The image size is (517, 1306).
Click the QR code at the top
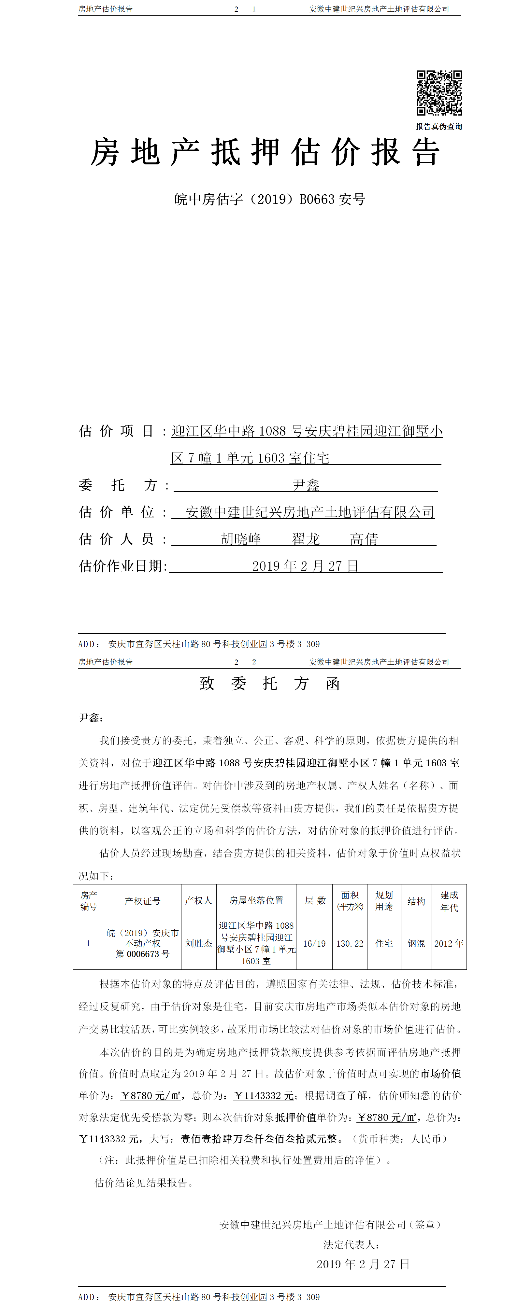point(439,93)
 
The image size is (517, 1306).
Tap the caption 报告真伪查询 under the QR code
point(439,126)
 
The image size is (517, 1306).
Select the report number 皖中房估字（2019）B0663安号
point(269,199)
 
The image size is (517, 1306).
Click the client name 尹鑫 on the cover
point(306,485)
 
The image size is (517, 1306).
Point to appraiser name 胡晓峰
point(241,539)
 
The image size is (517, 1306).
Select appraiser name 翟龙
point(306,539)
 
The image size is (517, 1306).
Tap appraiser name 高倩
point(364,539)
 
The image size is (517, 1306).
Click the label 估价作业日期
point(123,566)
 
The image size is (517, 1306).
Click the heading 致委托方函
point(269,683)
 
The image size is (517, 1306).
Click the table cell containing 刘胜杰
point(198,943)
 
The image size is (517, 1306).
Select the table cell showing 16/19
point(315,943)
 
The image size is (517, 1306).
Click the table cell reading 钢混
point(416,943)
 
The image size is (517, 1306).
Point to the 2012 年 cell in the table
point(449,943)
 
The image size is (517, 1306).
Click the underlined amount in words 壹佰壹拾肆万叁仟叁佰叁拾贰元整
point(259,1139)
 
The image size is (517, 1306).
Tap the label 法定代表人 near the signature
point(351,1244)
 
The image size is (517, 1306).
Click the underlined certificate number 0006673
point(143,954)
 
